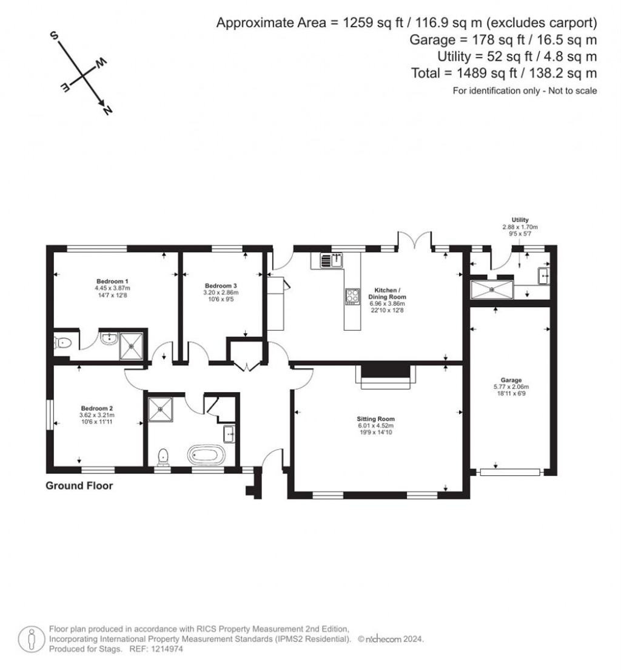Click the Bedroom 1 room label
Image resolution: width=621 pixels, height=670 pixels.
pos(112,281)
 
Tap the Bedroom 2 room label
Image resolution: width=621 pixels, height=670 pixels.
pos(97,408)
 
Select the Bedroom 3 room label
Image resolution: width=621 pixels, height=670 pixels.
pos(220,286)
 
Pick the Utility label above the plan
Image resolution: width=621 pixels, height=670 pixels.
pos(520,220)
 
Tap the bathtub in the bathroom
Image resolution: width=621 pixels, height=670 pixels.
pos(207,453)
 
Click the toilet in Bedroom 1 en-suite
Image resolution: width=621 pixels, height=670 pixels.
pos(62,343)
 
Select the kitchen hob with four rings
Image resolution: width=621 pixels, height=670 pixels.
pos(352,296)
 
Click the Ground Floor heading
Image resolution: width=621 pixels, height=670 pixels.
pos(79,486)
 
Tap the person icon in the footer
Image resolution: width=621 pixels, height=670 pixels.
pos(30,638)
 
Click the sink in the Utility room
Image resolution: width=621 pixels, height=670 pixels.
pos(543,277)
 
